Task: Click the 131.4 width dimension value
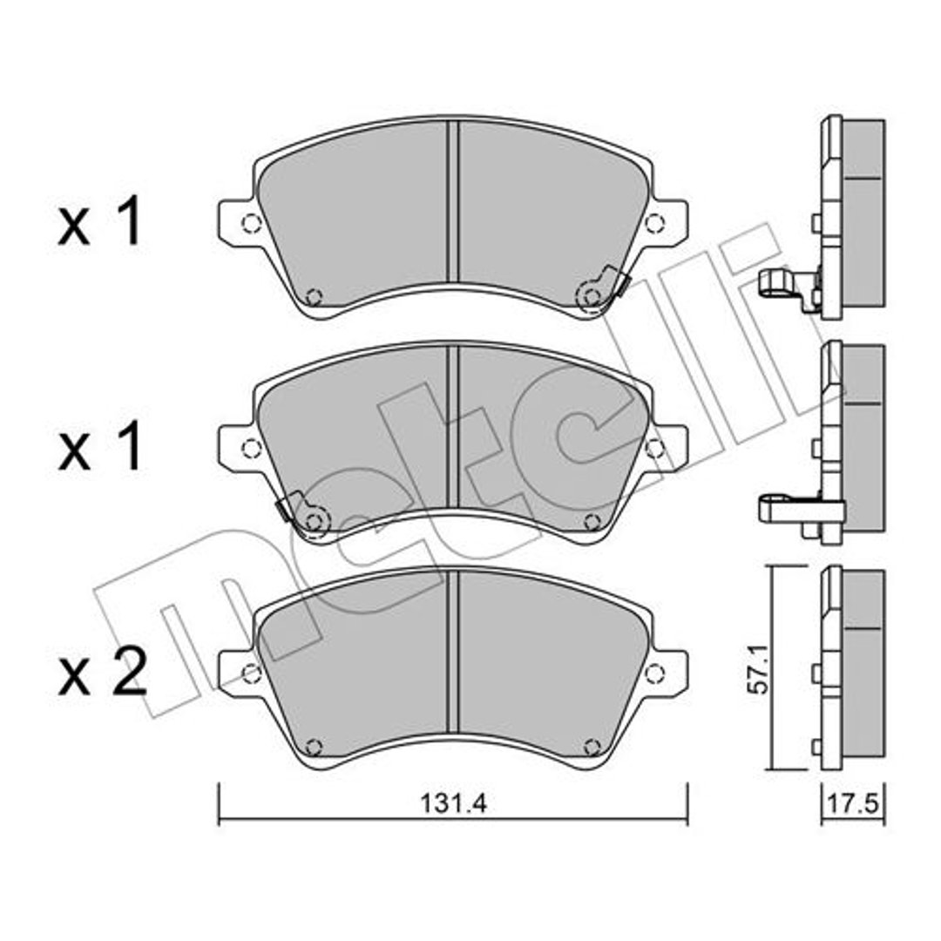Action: pos(453,803)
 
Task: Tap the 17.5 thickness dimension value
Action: pos(853,803)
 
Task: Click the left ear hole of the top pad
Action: pos(251,223)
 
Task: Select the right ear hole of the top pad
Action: pos(654,223)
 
